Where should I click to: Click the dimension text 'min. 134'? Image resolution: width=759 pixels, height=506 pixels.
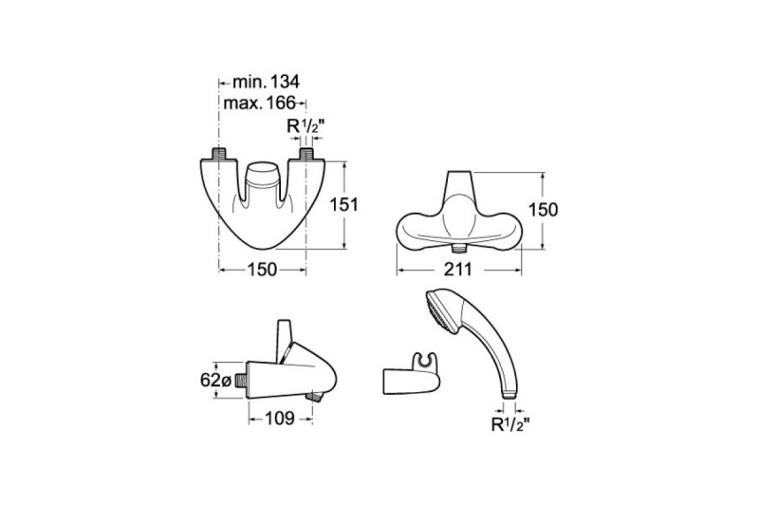[266, 82]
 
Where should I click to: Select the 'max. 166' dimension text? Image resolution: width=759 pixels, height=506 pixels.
[259, 103]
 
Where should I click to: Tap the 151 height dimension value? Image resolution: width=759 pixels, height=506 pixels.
[343, 205]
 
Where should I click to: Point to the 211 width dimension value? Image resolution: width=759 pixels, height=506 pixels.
[458, 270]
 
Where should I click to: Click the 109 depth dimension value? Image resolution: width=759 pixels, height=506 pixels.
[280, 418]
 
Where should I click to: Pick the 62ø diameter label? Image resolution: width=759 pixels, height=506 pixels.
[216, 380]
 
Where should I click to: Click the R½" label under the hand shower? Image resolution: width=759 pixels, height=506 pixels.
[510, 424]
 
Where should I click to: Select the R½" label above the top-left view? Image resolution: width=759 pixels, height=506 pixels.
[305, 126]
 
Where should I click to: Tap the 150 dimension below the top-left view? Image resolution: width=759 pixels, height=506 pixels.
[263, 270]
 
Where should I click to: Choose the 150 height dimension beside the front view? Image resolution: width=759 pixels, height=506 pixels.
[543, 210]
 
